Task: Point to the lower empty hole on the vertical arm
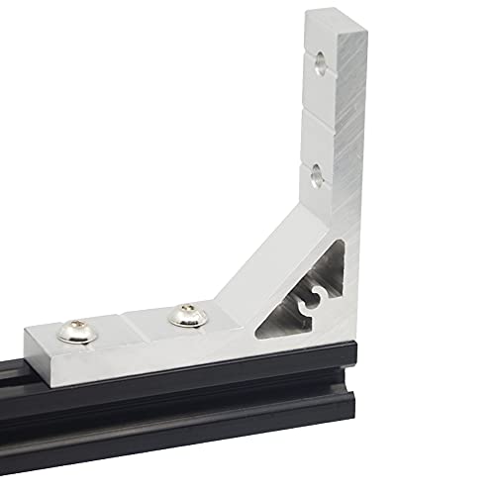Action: click(x=315, y=174)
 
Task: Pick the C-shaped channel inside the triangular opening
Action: click(x=309, y=300)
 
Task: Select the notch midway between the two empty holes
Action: click(x=317, y=114)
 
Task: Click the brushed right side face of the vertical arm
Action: click(x=346, y=148)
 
